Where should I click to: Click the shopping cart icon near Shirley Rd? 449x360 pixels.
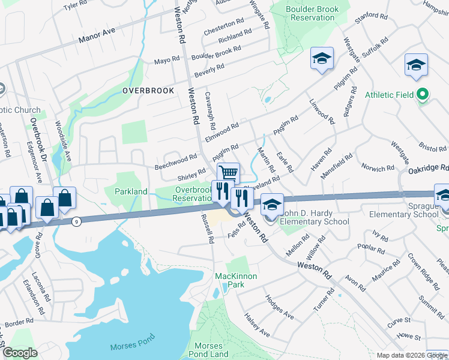pyautogui.click(x=228, y=173)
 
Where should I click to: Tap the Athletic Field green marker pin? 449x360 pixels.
pyautogui.click(x=423, y=94)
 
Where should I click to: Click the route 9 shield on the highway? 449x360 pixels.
pyautogui.click(x=76, y=221)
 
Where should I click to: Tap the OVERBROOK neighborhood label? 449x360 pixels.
pyautogui.click(x=148, y=91)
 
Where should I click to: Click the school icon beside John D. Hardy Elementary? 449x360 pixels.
pyautogui.click(x=271, y=204)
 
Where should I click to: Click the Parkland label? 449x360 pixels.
pyautogui.click(x=131, y=191)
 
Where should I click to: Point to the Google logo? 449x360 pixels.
pyautogui.click(x=20, y=353)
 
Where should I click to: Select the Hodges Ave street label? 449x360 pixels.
pyautogui.click(x=279, y=307)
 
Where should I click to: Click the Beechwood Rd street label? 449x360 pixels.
pyautogui.click(x=176, y=161)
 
